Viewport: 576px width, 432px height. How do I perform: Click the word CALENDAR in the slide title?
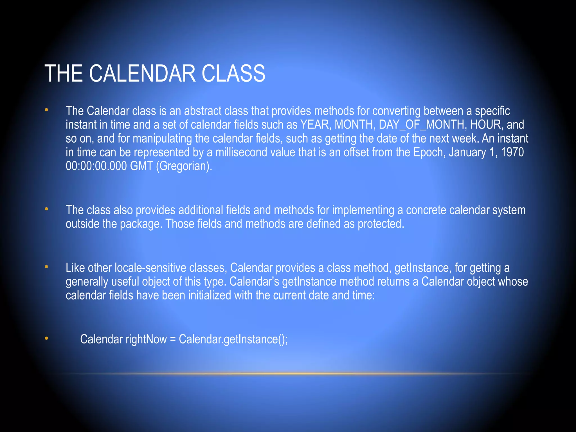coord(142,73)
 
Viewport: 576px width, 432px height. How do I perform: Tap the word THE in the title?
coord(64,73)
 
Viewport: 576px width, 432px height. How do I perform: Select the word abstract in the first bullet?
coord(202,111)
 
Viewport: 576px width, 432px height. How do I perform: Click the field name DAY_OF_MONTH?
coord(422,125)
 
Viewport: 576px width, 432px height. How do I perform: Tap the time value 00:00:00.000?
coord(96,166)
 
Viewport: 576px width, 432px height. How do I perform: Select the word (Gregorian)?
coord(184,166)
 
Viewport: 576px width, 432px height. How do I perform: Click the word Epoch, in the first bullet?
coord(429,152)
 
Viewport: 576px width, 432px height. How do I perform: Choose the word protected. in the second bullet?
coord(381,224)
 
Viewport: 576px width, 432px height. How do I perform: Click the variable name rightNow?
coord(146,339)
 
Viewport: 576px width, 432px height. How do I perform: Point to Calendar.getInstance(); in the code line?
coord(233,339)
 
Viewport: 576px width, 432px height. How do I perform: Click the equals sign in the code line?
coord(173,339)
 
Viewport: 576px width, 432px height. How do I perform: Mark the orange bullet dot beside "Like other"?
coord(46,267)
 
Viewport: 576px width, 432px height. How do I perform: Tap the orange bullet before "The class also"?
coord(46,209)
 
